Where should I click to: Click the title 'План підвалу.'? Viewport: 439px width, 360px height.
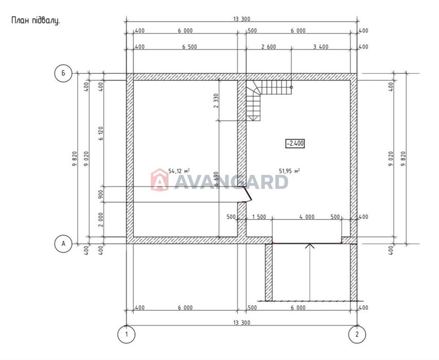coord(36,21)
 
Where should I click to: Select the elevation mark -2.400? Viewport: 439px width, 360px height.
coord(295,143)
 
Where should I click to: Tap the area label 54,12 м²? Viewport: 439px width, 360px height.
coord(179,171)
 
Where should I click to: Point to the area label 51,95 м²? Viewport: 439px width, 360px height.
coord(290,171)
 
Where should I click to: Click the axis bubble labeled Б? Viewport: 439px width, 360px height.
coord(63,74)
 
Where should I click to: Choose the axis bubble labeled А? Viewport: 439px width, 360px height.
coord(63,244)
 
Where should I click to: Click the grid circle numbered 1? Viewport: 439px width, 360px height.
coord(126,334)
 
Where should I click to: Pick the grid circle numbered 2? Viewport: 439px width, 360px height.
coord(357,334)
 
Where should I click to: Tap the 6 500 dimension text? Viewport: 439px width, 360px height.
coord(189,47)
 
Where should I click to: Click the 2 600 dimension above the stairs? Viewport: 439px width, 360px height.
coord(269,47)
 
